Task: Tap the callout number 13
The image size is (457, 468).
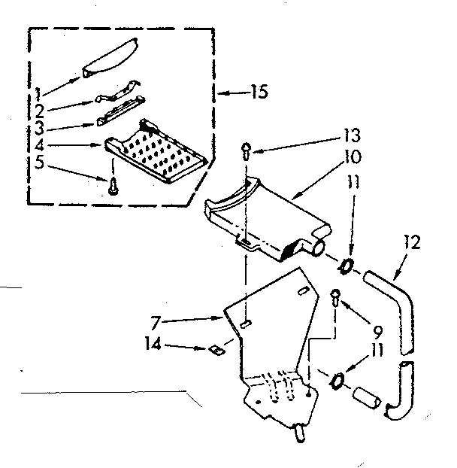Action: [350, 137]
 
